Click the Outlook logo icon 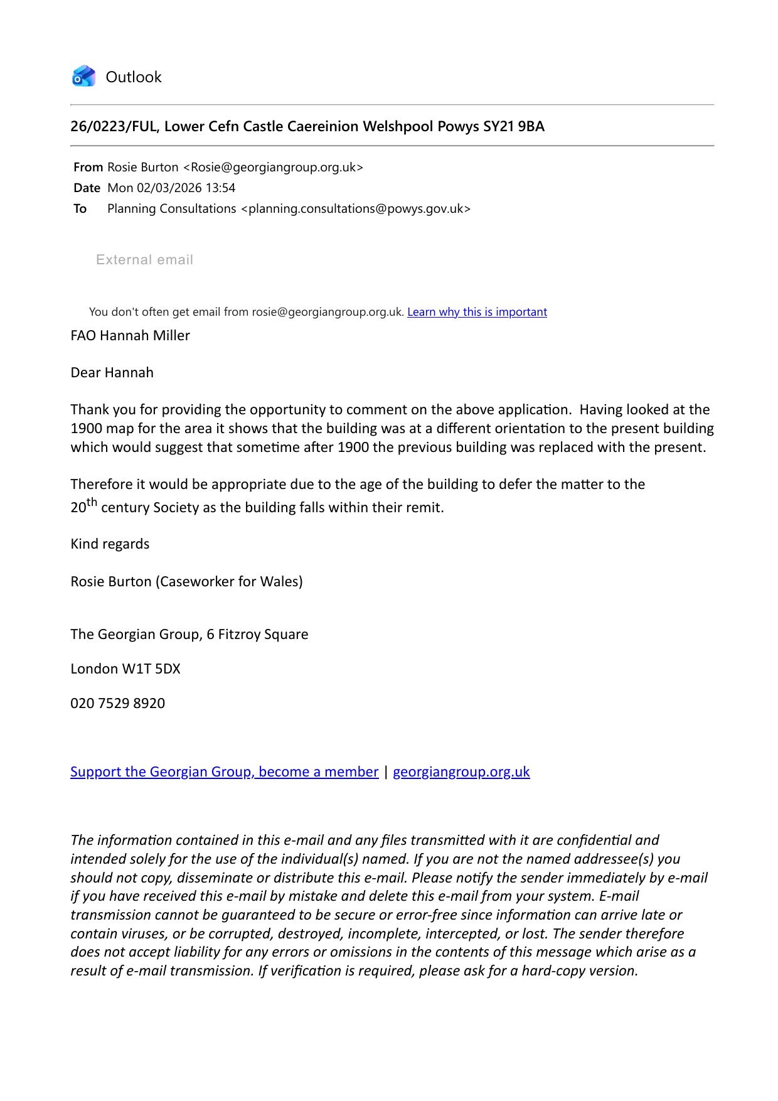pyautogui.click(x=83, y=77)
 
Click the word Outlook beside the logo pyautogui.click(x=134, y=77)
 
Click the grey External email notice pyautogui.click(x=144, y=260)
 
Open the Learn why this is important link pyautogui.click(x=477, y=312)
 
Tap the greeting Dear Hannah pyautogui.click(x=112, y=373)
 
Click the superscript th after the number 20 pyautogui.click(x=92, y=502)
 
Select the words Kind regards pyautogui.click(x=110, y=544)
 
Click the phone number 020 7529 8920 pyautogui.click(x=117, y=704)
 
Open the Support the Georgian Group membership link pyautogui.click(x=224, y=772)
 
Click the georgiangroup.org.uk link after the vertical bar pyautogui.click(x=461, y=772)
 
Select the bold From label pyautogui.click(x=88, y=168)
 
